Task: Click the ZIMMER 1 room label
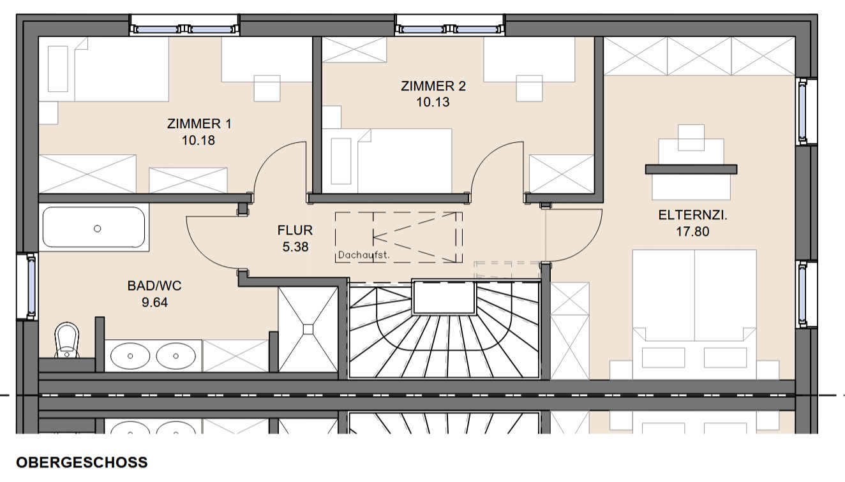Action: (199, 124)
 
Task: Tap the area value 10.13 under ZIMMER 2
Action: (433, 102)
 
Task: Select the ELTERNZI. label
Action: (692, 215)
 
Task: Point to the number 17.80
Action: (692, 231)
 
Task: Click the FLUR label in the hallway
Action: (295, 230)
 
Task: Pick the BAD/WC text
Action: (154, 286)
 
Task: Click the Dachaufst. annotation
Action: (364, 255)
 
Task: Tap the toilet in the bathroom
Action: (67, 340)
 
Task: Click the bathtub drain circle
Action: (97, 228)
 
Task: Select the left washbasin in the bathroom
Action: (130, 356)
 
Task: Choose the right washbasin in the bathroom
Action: (176, 356)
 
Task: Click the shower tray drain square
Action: (308, 330)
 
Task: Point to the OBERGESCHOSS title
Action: (82, 462)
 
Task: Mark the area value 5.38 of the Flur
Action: (295, 247)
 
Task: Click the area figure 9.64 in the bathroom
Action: (154, 302)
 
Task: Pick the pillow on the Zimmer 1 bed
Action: (58, 69)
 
